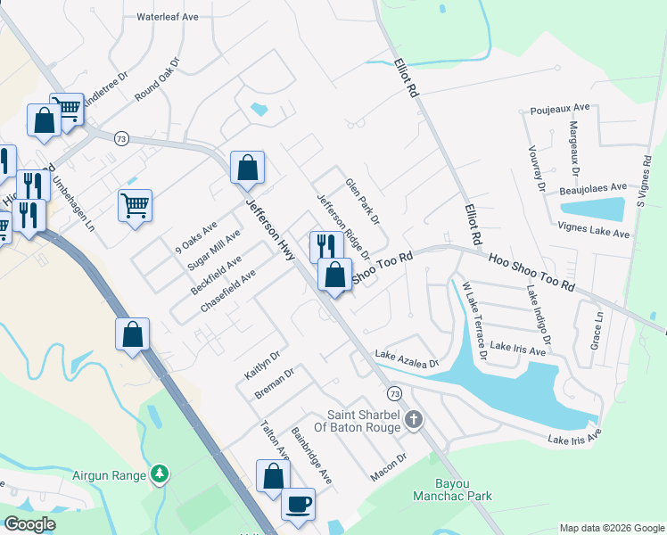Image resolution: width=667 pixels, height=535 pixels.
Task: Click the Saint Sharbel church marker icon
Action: click(412, 419)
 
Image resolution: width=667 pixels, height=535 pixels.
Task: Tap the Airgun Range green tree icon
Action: click(160, 473)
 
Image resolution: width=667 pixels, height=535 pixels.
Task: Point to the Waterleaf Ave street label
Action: click(171, 16)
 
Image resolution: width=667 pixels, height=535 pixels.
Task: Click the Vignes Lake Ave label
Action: click(596, 233)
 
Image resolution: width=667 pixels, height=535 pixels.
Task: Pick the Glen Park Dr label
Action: click(363, 201)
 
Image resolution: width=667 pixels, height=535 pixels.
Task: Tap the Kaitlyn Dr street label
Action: click(258, 364)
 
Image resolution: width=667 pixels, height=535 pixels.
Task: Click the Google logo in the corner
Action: click(29, 524)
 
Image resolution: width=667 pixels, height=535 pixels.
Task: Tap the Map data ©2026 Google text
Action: click(611, 528)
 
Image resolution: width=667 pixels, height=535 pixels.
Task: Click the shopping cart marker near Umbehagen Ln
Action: click(135, 205)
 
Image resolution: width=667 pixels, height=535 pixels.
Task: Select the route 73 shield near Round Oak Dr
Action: click(122, 138)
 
